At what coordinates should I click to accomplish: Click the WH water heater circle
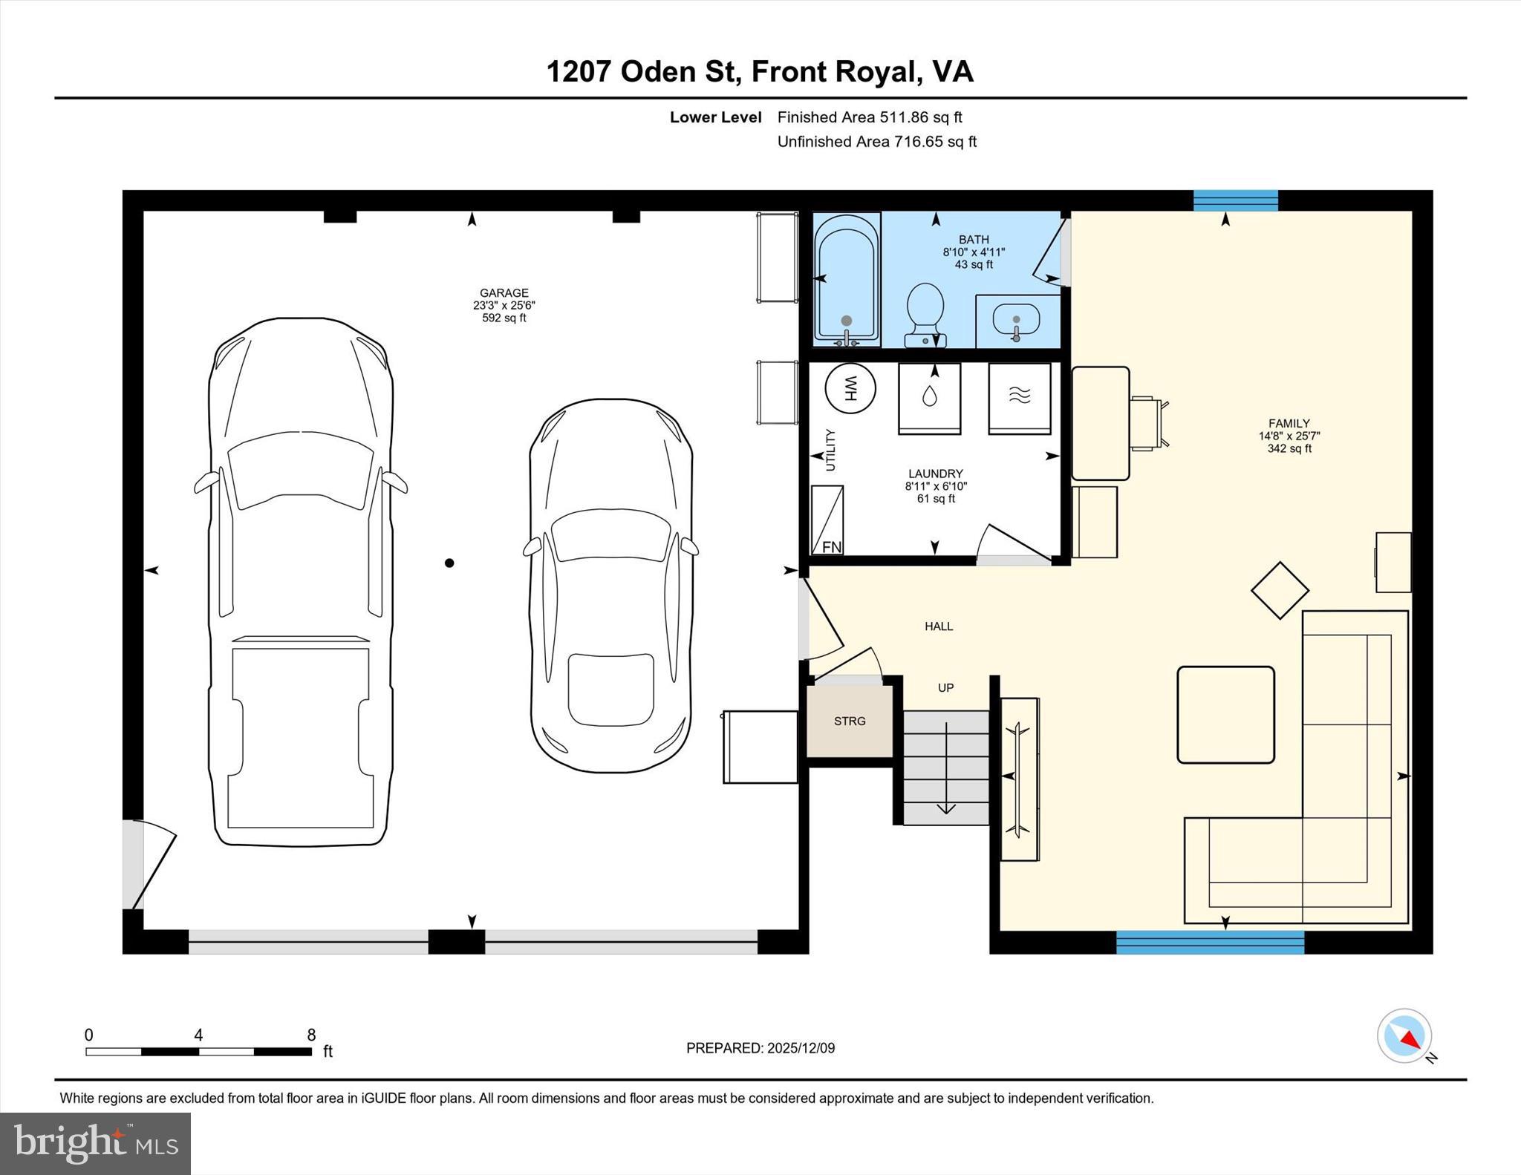click(850, 387)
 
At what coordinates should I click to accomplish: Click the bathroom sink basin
click(1016, 320)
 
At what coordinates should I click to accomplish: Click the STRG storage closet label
click(850, 721)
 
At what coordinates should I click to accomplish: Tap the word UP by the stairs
click(945, 688)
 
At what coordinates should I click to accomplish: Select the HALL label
click(939, 626)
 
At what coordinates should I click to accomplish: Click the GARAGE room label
click(504, 293)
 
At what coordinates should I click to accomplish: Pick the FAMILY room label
click(1289, 424)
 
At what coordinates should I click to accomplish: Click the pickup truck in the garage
click(301, 583)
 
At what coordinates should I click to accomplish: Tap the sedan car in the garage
click(611, 586)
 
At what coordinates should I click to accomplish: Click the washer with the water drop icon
click(929, 397)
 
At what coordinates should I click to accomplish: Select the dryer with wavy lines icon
click(1020, 397)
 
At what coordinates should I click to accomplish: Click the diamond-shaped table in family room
click(1280, 591)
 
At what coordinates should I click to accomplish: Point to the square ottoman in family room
click(1225, 714)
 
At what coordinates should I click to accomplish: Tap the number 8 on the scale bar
click(311, 1035)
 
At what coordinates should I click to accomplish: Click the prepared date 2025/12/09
click(801, 1048)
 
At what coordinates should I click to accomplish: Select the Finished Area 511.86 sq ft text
click(870, 117)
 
